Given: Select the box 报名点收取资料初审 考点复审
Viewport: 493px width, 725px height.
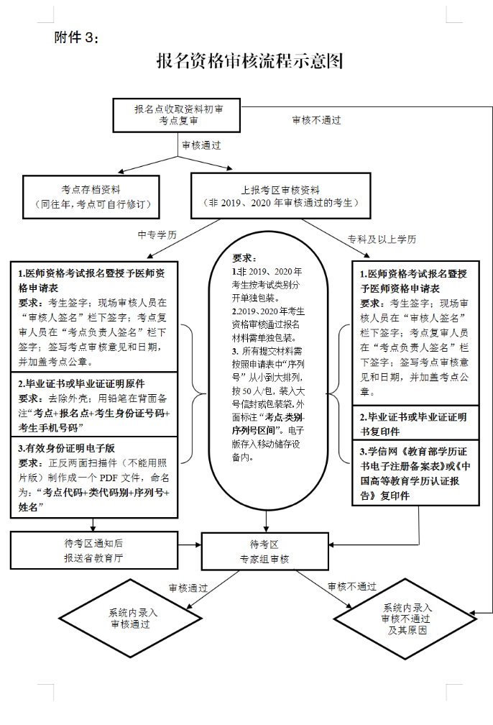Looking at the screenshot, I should pos(178,116).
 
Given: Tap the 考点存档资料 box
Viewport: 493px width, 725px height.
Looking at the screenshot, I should pos(91,196).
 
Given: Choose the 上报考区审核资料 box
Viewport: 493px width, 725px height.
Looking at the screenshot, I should pos(280,196).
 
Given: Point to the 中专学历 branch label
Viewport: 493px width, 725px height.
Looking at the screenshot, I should pos(157,234).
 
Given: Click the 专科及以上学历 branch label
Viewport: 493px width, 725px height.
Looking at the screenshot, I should pos(382,239).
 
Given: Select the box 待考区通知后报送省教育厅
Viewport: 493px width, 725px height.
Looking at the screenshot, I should pos(93,550).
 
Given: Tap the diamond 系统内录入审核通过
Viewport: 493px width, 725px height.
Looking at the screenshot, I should pos(133,618).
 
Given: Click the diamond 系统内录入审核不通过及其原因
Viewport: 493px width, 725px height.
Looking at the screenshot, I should pos(406,618).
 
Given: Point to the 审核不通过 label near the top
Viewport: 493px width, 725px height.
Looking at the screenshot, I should pos(316,120).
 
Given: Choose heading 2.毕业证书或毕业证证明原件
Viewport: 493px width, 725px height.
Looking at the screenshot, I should pos(85,383).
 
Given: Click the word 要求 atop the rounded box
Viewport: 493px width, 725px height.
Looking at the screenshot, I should pos(244,257).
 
